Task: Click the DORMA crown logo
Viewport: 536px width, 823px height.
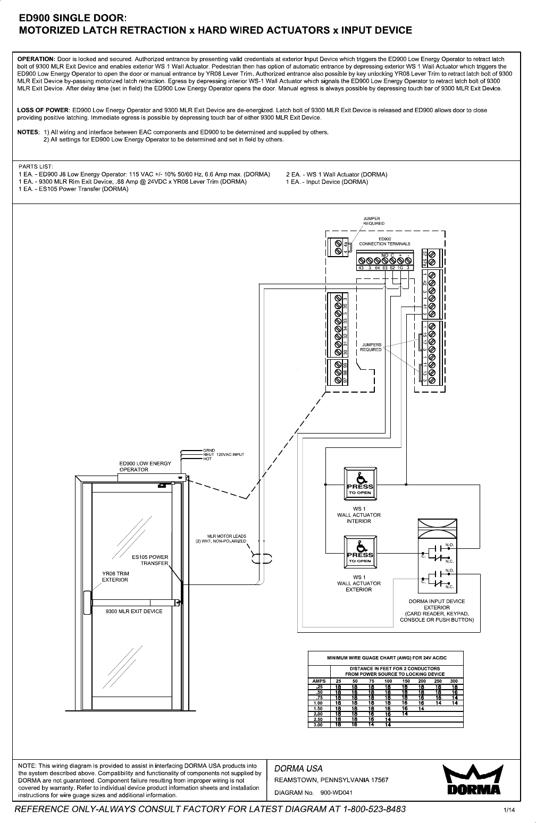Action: click(x=473, y=780)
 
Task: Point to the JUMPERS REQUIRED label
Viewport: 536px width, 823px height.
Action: click(x=371, y=347)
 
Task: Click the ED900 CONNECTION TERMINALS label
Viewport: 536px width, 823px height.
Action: click(x=384, y=242)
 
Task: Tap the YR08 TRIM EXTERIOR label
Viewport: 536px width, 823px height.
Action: click(x=115, y=576)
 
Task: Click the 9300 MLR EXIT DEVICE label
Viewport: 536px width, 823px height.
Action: click(x=134, y=611)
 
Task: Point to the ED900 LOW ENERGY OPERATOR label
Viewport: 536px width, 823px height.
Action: click(x=145, y=466)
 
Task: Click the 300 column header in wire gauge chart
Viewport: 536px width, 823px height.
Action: click(x=454, y=681)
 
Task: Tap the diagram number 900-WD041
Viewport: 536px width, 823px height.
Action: click(x=336, y=792)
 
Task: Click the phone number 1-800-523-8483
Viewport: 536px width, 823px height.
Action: click(x=363, y=809)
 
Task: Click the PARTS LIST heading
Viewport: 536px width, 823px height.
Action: click(x=36, y=166)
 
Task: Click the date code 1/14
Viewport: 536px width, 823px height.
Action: click(x=510, y=810)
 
